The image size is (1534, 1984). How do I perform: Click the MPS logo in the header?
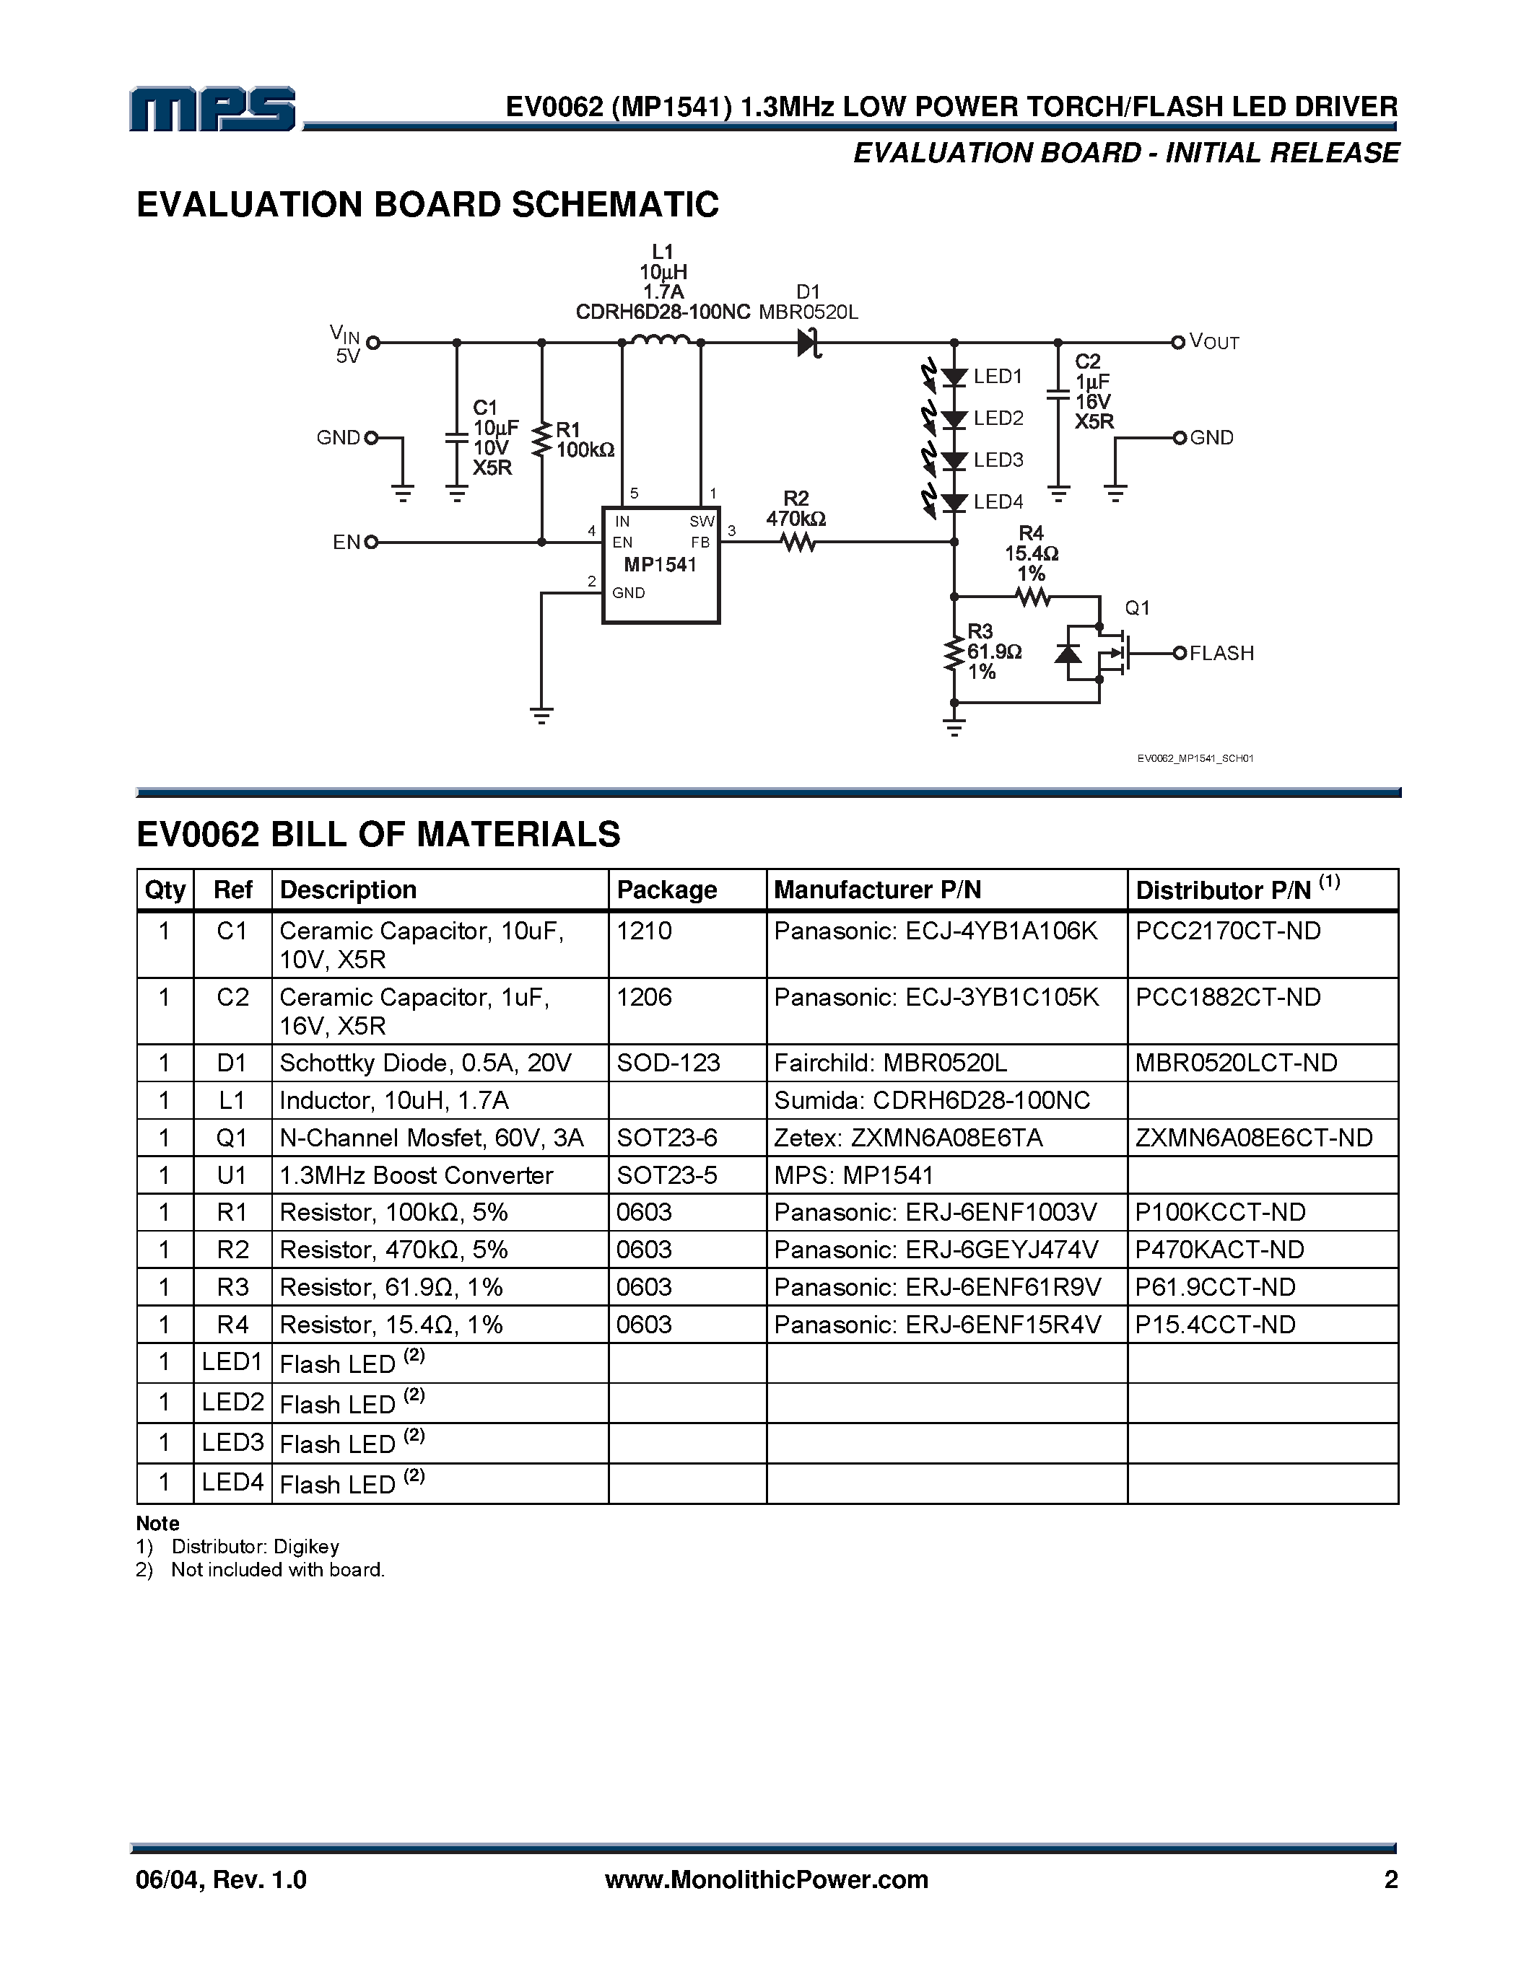tap(213, 109)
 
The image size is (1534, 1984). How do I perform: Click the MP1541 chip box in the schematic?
tap(661, 564)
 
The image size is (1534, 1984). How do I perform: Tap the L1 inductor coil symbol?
tap(661, 341)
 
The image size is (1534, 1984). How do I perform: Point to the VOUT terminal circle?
tap(1178, 343)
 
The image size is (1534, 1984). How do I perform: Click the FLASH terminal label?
tap(1221, 653)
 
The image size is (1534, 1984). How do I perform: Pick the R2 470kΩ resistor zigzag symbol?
tap(798, 543)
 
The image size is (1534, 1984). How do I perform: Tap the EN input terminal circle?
tap(371, 543)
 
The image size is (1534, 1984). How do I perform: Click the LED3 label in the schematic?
tap(998, 460)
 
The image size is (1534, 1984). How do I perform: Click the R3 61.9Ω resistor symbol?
tap(954, 653)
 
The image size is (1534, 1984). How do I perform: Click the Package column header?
tap(667, 890)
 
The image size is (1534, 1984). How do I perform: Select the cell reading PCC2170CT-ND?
tap(1228, 931)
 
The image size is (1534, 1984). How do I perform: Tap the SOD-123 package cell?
tap(668, 1063)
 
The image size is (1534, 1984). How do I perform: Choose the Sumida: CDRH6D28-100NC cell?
tap(931, 1101)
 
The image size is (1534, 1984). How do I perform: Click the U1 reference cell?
tap(232, 1175)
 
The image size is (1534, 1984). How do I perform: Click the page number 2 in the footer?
tap(1390, 1879)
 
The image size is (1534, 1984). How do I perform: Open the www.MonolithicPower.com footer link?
tap(766, 1879)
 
